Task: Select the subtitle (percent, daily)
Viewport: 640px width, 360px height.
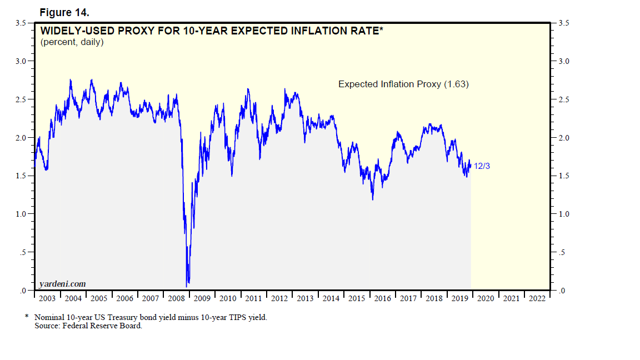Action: coord(72,42)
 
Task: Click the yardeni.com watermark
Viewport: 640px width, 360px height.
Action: coord(63,284)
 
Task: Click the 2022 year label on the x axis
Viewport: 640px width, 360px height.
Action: coord(537,298)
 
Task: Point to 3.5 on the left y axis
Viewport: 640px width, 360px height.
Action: coord(21,23)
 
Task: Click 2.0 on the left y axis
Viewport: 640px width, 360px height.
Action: coord(21,138)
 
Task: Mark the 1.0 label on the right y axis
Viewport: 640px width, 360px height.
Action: coord(564,214)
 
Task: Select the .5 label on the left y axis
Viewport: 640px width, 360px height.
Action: coord(22,253)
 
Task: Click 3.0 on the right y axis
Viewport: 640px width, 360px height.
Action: coord(564,61)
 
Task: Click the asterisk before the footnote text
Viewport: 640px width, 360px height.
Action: coord(26,317)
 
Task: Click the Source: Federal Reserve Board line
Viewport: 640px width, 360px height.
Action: coord(88,326)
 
